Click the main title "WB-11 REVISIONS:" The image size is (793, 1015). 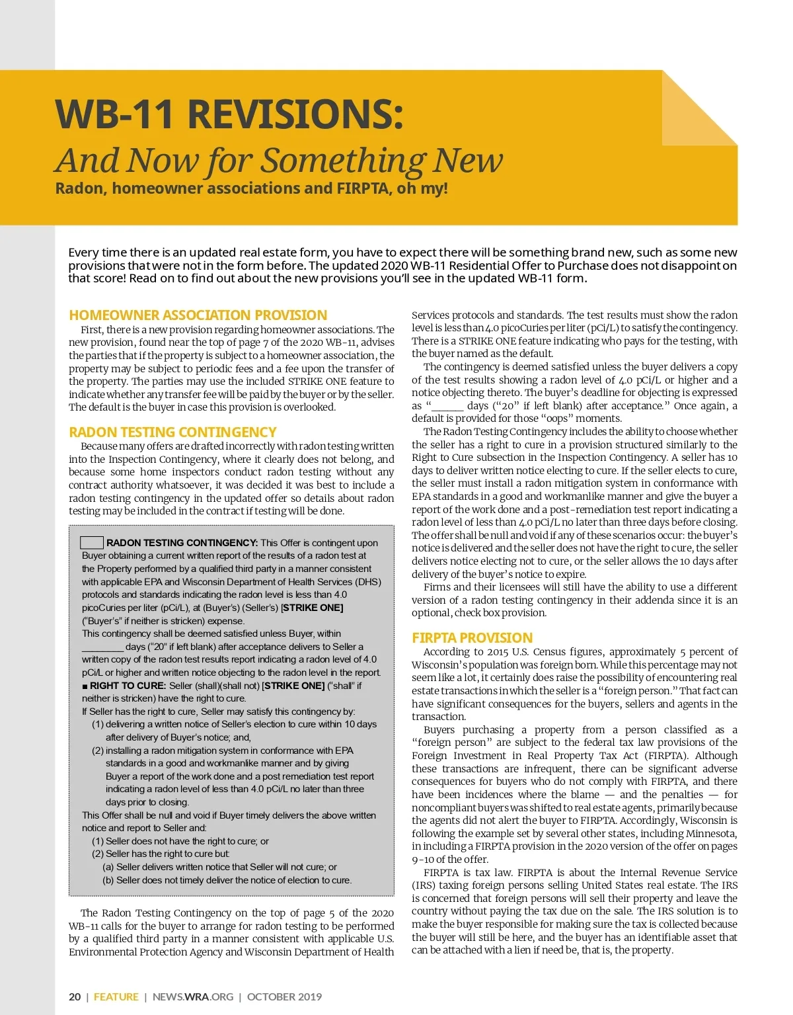point(229,114)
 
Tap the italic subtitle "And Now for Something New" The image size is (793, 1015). point(279,161)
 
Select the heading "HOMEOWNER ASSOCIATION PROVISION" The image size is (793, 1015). point(198,315)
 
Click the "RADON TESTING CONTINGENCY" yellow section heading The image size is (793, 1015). point(172,432)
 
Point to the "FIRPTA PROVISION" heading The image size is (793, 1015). point(472,638)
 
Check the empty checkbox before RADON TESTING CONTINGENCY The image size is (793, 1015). point(92,543)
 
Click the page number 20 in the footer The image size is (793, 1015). point(75,996)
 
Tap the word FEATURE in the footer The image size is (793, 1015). point(116,996)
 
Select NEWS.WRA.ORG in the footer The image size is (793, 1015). point(193,996)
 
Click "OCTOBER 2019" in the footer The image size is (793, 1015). point(284,996)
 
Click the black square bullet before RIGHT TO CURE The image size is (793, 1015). point(85,686)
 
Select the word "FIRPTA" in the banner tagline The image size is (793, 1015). point(363,188)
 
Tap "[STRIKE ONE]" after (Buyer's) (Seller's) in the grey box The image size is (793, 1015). point(312,608)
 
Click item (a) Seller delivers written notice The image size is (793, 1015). point(219,867)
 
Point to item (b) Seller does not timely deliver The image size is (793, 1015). point(227,880)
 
